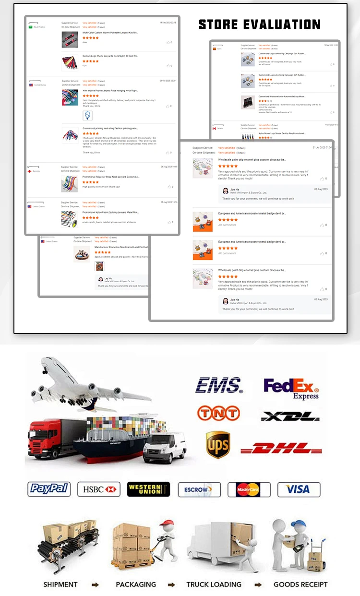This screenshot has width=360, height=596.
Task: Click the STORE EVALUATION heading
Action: coord(260,24)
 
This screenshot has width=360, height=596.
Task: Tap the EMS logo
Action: coord(219,385)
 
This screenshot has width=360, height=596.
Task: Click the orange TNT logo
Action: coord(218,413)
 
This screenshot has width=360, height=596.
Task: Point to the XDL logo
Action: coord(290,416)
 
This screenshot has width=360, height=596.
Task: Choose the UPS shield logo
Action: coord(218,444)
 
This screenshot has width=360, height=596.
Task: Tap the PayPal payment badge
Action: coord(49,489)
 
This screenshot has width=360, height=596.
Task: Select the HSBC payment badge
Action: coord(98,489)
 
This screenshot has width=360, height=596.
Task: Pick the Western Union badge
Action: coord(148,489)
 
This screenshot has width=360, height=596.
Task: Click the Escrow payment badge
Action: coord(199,489)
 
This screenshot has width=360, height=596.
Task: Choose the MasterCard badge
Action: coord(249,489)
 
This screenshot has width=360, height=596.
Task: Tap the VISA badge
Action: coord(299,489)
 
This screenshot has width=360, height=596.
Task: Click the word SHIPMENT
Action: coord(60,584)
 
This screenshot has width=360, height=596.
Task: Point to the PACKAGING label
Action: coord(136,584)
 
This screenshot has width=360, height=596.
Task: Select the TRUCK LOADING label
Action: coord(214,584)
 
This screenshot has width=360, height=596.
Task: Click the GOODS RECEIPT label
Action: coord(300,584)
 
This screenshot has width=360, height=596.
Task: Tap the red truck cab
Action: coord(42,434)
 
